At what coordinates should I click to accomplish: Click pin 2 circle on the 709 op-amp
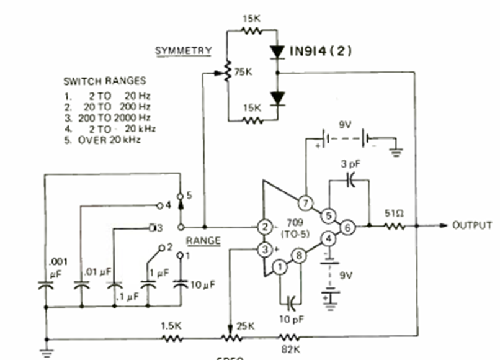tap(266, 227)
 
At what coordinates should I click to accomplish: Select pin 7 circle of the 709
tap(305, 203)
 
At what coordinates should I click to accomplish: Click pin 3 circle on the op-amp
tap(266, 250)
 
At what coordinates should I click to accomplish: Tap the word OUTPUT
tap(473, 225)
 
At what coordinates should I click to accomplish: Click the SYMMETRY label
tap(183, 50)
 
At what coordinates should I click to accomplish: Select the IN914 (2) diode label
tap(321, 52)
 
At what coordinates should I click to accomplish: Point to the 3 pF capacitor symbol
tap(350, 181)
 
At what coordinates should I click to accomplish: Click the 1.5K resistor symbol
tap(172, 338)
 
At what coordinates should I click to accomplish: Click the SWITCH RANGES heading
tap(104, 81)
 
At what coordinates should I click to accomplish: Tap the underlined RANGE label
tap(203, 240)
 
